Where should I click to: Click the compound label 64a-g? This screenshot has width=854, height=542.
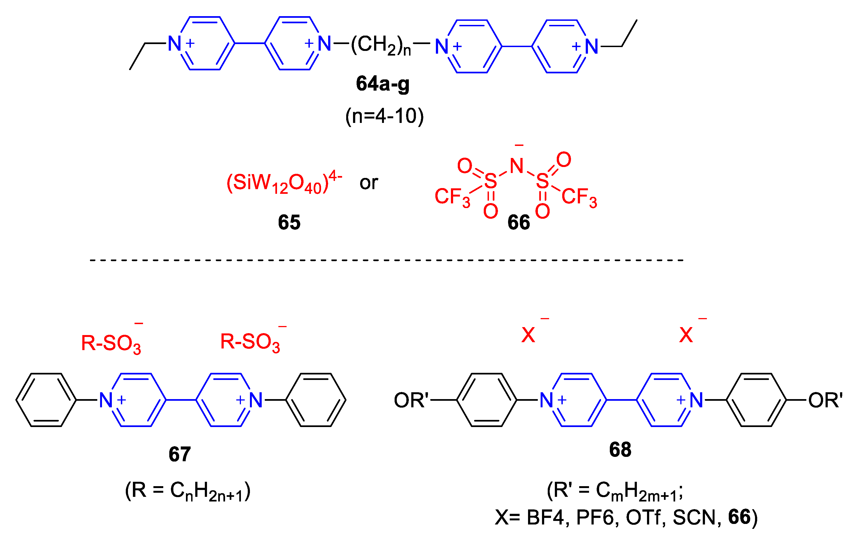382,84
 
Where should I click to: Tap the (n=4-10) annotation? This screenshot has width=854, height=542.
384,116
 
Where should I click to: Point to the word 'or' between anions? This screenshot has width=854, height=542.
369,183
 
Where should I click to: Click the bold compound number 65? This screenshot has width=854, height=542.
289,223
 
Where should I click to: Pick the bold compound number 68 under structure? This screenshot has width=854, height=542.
620,449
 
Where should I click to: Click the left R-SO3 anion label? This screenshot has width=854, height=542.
111,344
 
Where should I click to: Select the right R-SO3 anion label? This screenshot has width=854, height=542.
250,342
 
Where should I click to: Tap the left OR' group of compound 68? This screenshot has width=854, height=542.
411,400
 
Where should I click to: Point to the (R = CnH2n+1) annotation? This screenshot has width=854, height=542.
188,492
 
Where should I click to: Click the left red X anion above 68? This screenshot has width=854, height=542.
528,335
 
